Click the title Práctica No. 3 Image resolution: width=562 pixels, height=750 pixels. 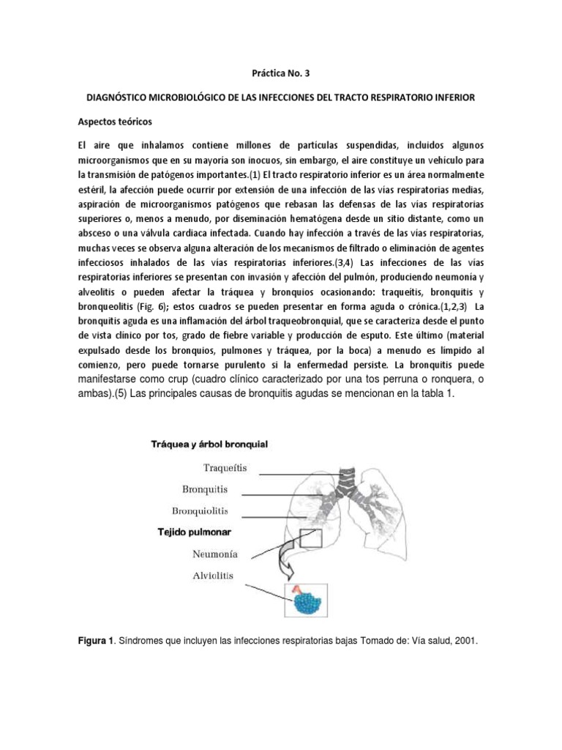pos(280,73)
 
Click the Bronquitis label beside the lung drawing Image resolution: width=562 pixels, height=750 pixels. pos(204,488)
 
